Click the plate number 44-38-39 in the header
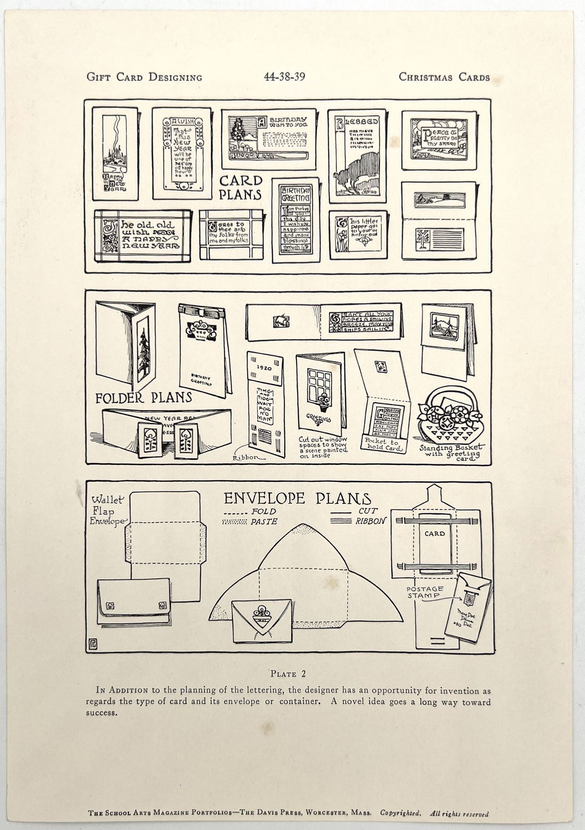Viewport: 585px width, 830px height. click(x=285, y=77)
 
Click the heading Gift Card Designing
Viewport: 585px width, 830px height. click(x=144, y=77)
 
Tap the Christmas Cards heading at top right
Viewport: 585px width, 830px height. click(x=444, y=77)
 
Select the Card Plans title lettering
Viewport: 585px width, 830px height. click(x=241, y=188)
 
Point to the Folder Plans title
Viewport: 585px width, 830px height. click(x=144, y=398)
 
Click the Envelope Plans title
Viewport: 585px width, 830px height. click(x=297, y=498)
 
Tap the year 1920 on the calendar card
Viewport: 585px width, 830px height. click(x=264, y=368)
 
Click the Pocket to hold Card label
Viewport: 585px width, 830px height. click(x=382, y=445)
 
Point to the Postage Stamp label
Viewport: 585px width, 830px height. click(x=424, y=592)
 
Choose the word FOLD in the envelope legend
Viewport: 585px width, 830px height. click(x=263, y=512)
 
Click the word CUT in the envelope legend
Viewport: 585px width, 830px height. click(x=368, y=511)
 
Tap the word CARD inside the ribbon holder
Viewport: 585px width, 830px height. click(x=434, y=533)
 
